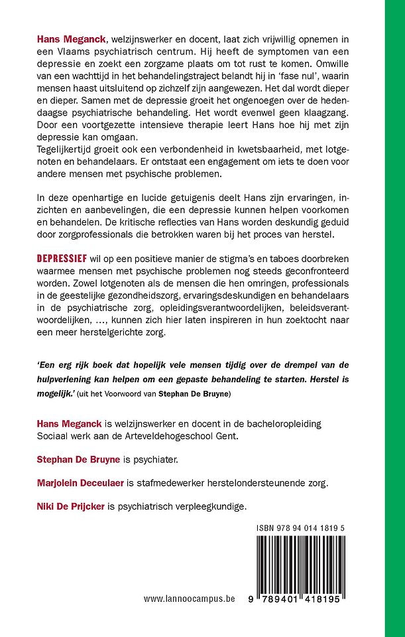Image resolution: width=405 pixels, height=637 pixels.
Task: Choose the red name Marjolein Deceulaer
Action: pos(87,482)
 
